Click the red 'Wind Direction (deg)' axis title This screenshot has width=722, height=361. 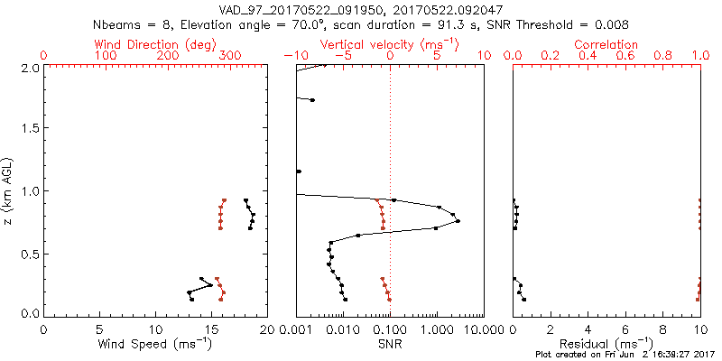[156, 44]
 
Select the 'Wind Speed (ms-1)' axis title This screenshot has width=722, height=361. [156, 344]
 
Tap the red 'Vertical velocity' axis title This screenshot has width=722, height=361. [389, 44]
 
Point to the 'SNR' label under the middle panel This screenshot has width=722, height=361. [389, 344]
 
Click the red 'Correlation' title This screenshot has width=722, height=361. [607, 44]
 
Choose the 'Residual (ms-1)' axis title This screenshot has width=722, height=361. [607, 344]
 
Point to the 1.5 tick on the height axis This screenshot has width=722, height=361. [29, 129]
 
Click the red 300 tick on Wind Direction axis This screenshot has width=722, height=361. [230, 56]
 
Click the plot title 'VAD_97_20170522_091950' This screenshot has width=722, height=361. [288, 10]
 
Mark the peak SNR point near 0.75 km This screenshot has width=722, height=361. [458, 221]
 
